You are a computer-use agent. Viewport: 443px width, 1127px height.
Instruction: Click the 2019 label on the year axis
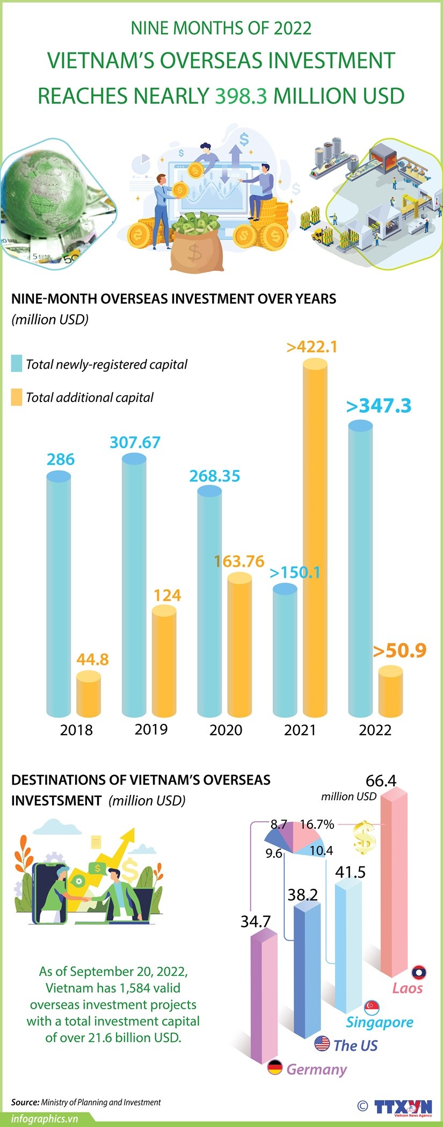[x=151, y=729]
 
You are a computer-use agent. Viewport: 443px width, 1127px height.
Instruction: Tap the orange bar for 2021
[x=315, y=537]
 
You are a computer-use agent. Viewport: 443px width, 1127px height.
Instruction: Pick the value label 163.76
[x=239, y=562]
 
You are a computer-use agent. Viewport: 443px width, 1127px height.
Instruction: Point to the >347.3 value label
[x=379, y=406]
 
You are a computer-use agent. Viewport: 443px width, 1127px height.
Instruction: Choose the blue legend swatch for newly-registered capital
[x=17, y=364]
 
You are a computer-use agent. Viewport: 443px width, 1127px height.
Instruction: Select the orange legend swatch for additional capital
[x=17, y=397]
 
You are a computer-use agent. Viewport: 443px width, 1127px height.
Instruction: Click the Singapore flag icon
[x=372, y=1007]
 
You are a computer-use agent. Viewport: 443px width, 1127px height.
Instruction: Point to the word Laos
[x=408, y=988]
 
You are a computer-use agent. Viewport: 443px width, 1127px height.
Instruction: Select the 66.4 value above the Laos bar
[x=381, y=780]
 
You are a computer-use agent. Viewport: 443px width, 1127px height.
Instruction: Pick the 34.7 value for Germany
[x=256, y=922]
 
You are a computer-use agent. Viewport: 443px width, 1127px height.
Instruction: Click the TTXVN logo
[x=402, y=1108]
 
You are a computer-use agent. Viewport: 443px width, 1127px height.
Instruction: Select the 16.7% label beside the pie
[x=317, y=824]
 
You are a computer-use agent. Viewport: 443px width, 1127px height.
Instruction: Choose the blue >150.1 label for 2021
[x=295, y=573]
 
